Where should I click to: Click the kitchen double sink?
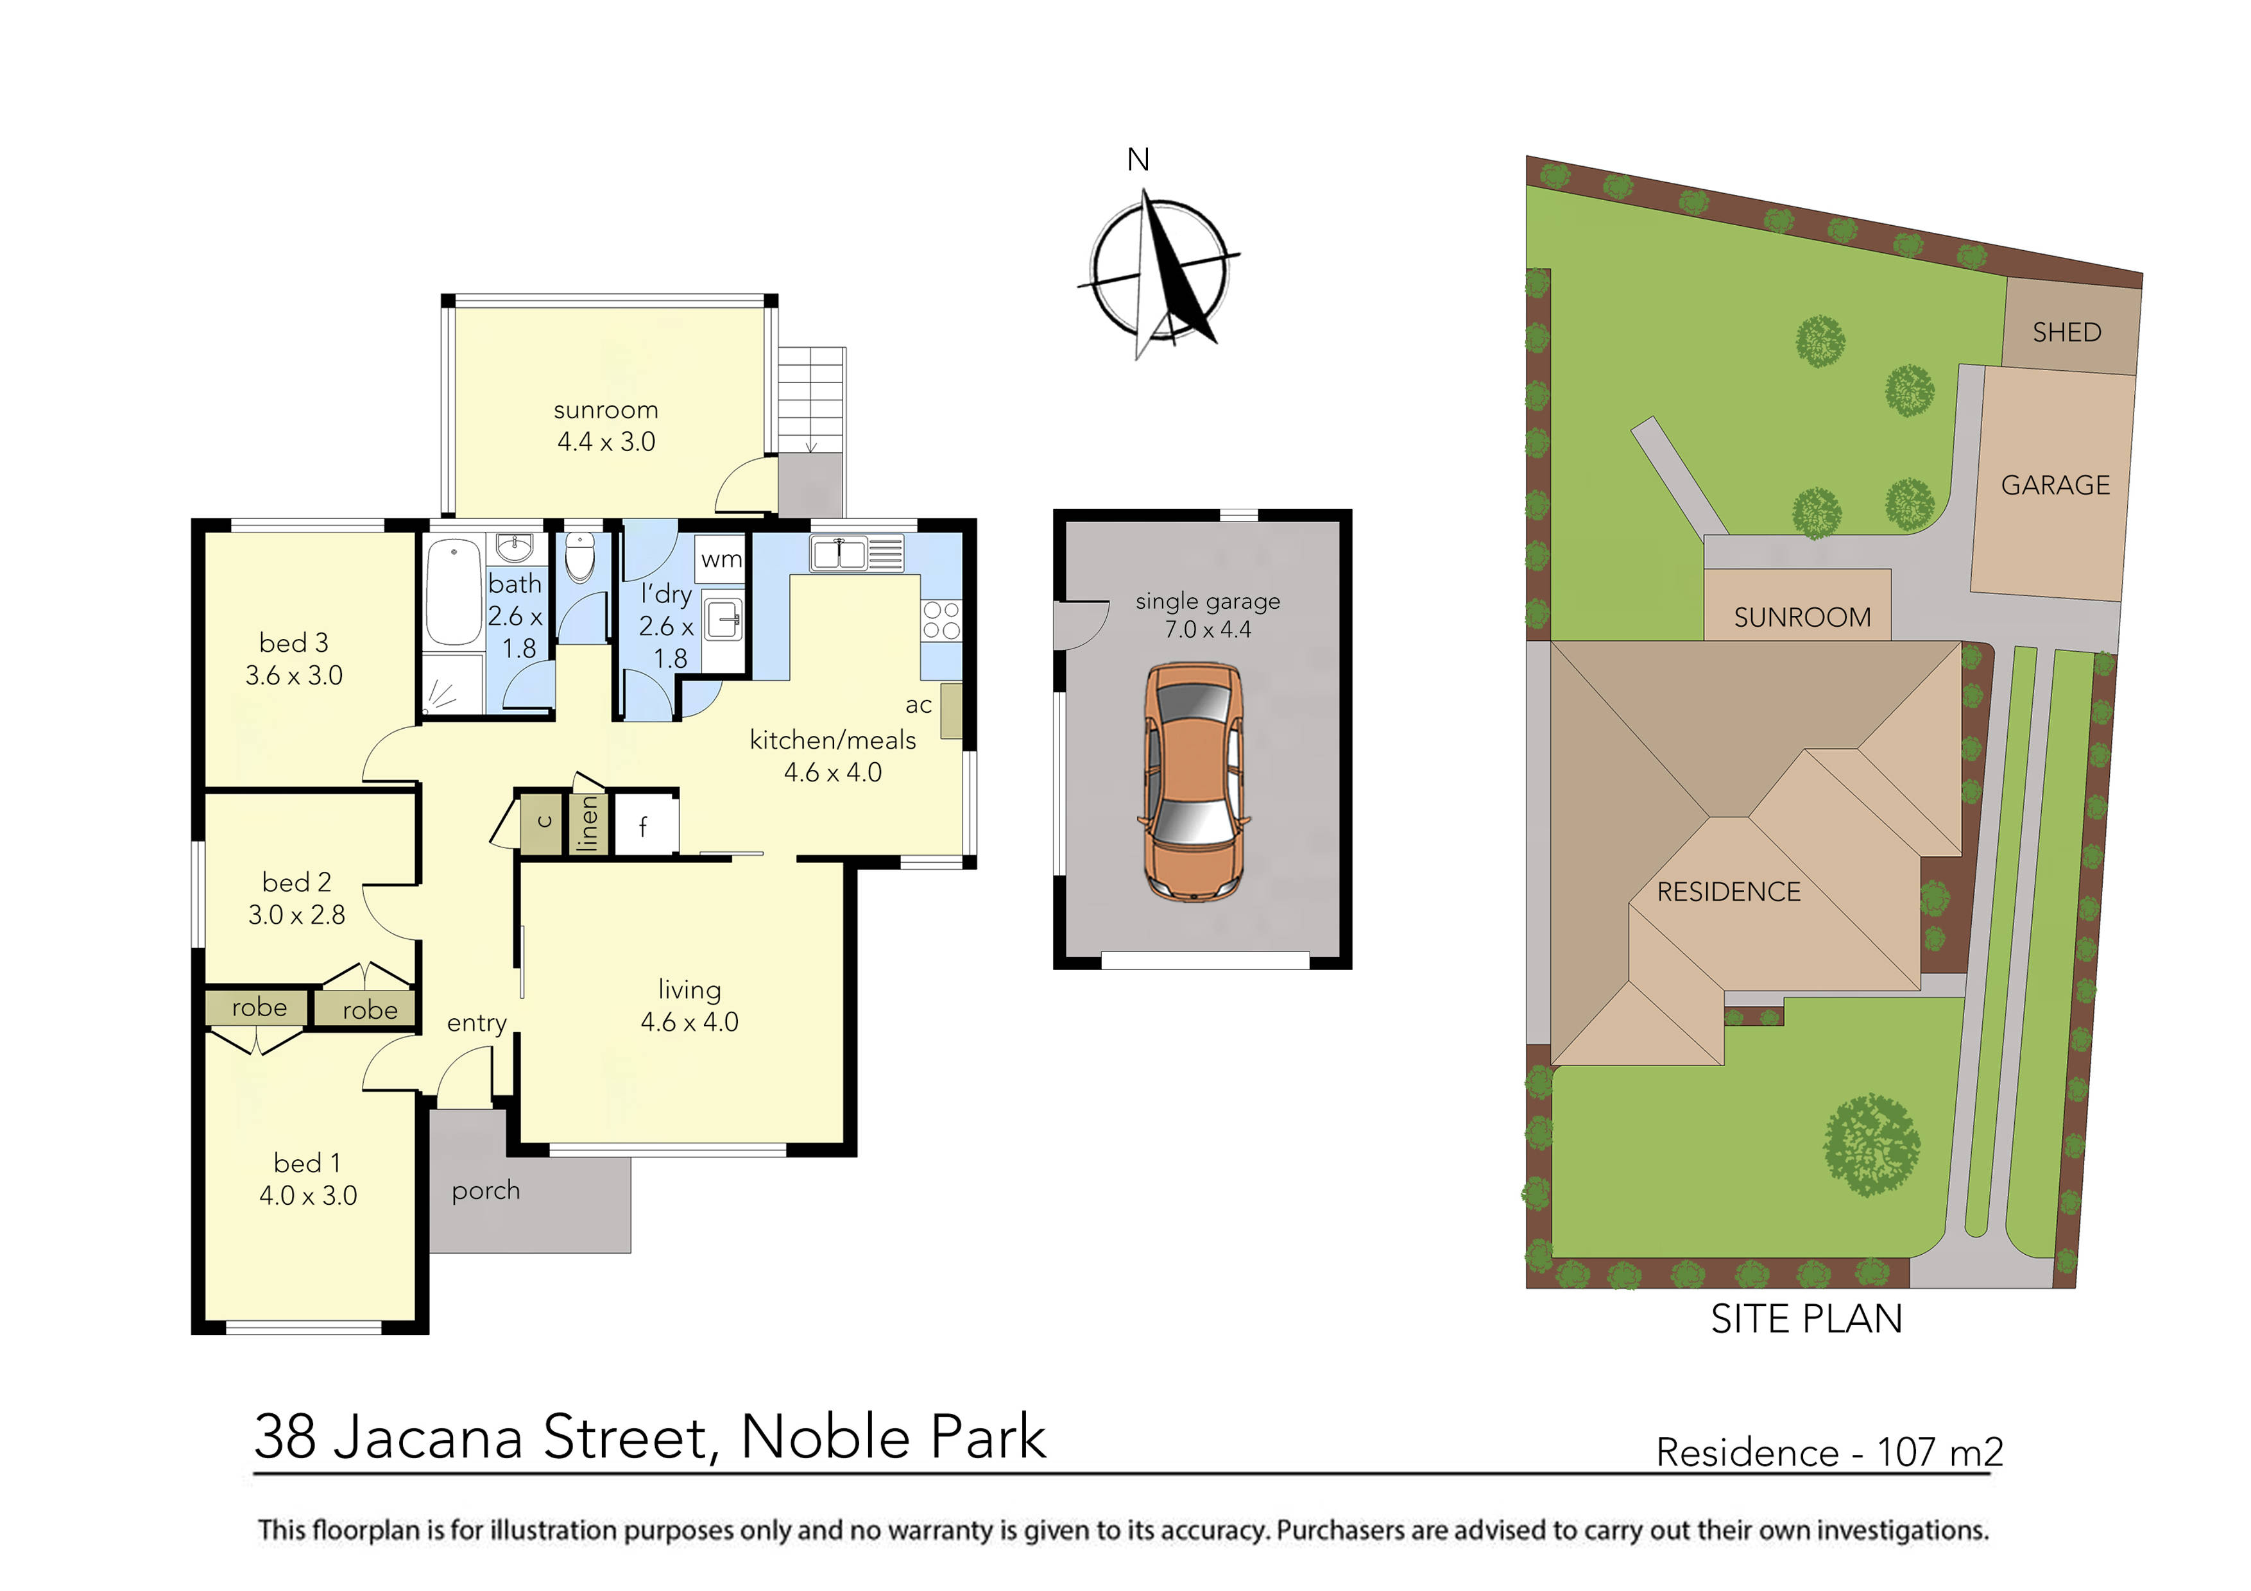[x=838, y=553]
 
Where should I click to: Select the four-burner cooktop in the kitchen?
[x=941, y=620]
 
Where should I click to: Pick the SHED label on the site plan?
[x=2067, y=332]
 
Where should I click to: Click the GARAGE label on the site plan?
[x=2055, y=485]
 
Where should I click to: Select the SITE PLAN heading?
[x=1806, y=1320]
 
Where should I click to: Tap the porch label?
[x=485, y=1191]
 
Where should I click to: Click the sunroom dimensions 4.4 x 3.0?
[x=606, y=442]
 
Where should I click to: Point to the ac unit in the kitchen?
[x=950, y=711]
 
